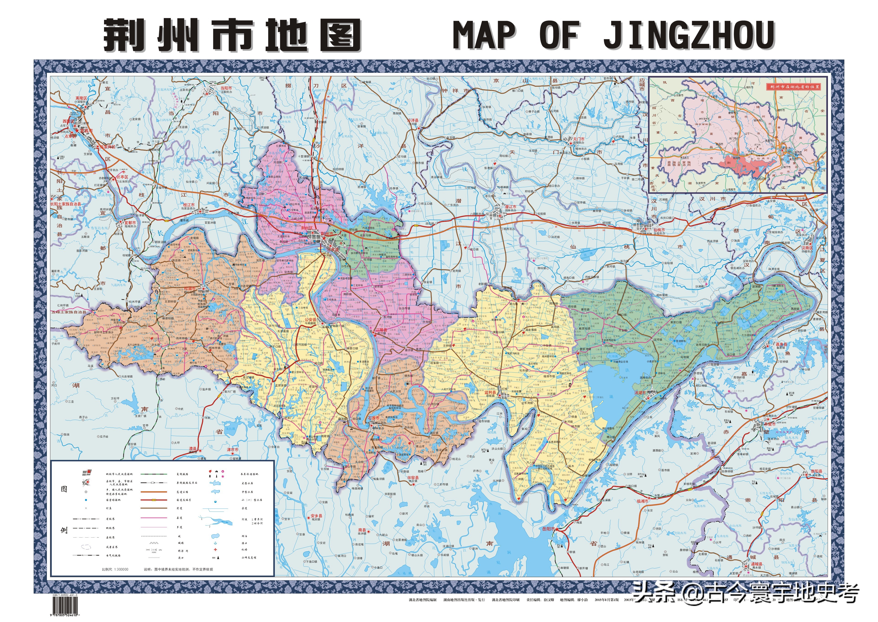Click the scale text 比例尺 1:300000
coord(115,569)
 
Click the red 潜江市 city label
coord(510,206)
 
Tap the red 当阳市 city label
coord(226,88)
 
